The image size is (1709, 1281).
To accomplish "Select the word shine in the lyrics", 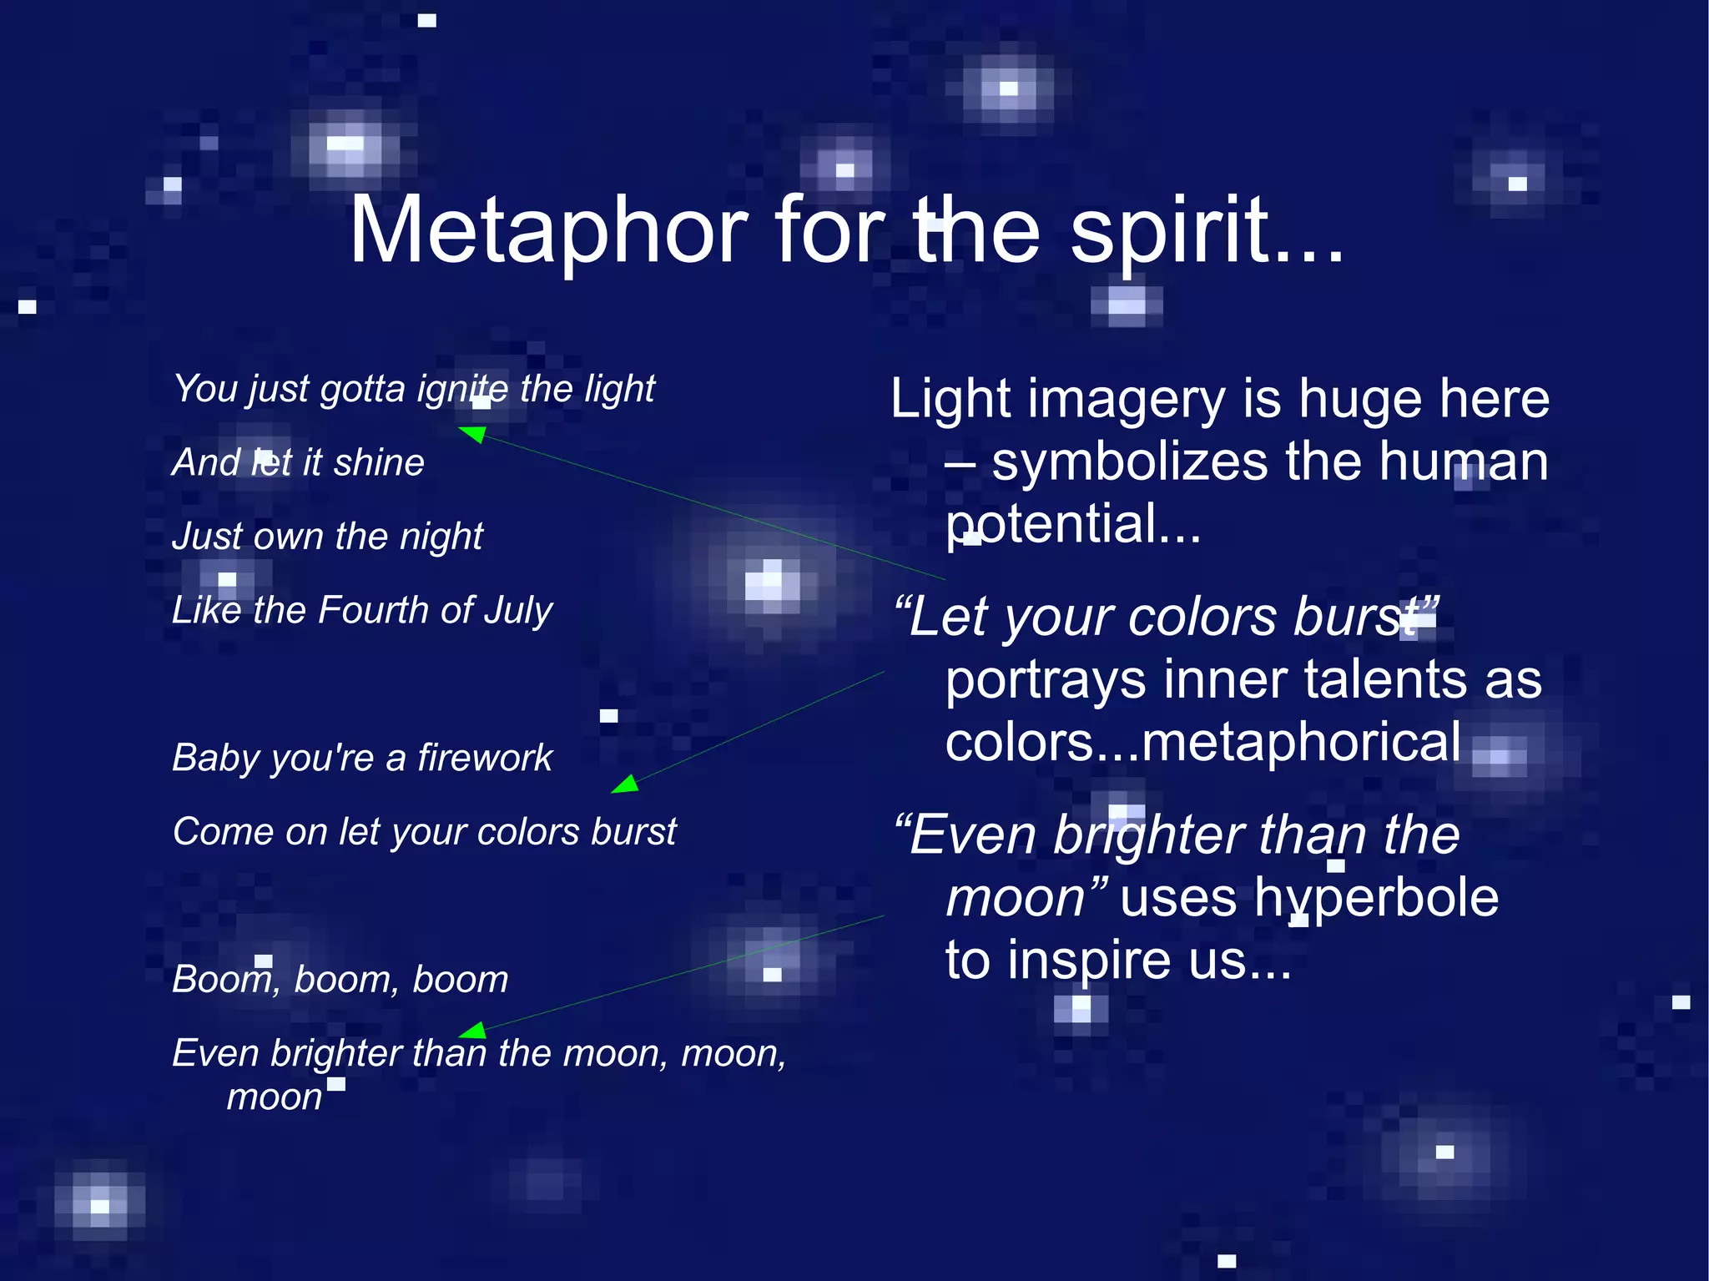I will tap(379, 463).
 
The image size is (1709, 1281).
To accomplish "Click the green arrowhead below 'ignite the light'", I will tap(473, 434).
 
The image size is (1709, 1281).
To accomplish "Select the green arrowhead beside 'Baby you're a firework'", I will tap(625, 784).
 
